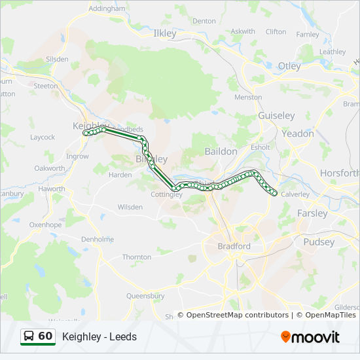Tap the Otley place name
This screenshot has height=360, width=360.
click(289, 66)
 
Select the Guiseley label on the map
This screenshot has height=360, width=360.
click(276, 115)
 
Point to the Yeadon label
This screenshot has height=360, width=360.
click(298, 134)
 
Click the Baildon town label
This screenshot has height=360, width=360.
click(221, 151)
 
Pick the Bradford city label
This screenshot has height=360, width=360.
click(234, 246)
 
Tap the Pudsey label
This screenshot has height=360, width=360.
click(319, 242)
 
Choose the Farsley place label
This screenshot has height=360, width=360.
click(312, 213)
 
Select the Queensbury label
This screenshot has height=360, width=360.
click(145, 296)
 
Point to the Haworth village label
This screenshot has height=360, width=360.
click(52, 189)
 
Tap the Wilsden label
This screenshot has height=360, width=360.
click(130, 207)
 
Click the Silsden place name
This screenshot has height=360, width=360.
click(57, 59)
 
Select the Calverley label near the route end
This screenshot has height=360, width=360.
click(295, 194)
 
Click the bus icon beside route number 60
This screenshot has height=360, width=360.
click(29, 336)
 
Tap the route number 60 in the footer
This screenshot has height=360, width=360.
click(45, 336)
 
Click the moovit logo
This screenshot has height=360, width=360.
click(310, 337)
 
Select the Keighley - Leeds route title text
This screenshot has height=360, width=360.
click(99, 337)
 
